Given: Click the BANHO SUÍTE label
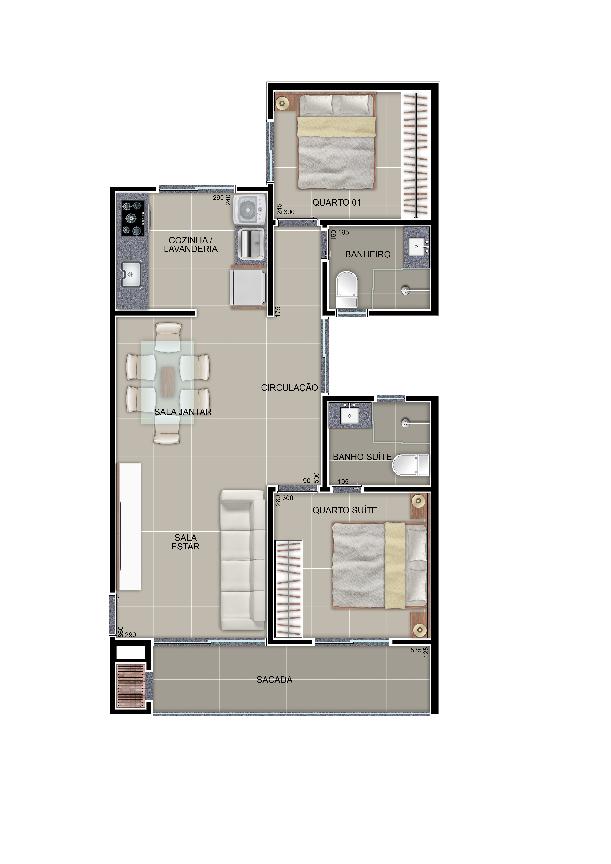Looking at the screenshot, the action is (x=362, y=457).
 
